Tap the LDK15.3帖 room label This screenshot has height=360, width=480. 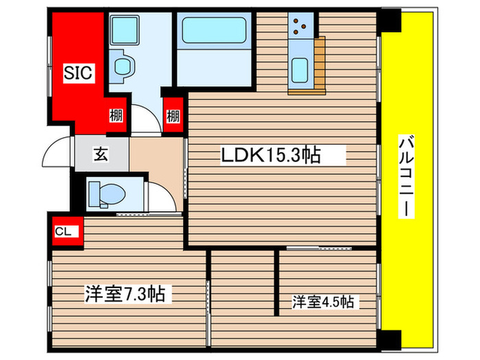pos(269,156)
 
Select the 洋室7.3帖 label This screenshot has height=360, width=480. pos(124,294)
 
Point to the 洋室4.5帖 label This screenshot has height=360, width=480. pos(324,301)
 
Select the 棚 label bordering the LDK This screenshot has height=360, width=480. pos(172,116)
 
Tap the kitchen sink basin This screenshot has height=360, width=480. pos(300,70)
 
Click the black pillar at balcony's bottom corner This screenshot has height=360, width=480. pos(390,339)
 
